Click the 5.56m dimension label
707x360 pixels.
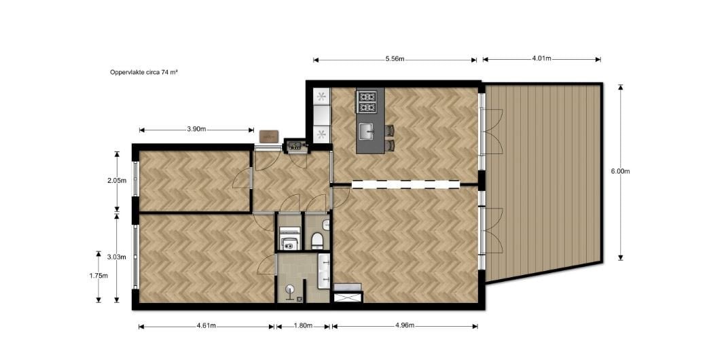click(395, 58)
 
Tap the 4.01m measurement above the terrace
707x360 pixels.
click(541, 58)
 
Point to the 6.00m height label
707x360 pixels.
click(621, 171)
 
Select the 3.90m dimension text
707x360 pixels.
click(196, 130)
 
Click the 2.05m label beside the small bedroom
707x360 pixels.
click(117, 181)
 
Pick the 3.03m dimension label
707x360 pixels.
click(116, 257)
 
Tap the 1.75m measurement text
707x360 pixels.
click(98, 276)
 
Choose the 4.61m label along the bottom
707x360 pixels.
click(206, 326)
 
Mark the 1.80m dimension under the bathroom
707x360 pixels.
click(303, 326)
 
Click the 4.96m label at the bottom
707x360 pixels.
click(405, 326)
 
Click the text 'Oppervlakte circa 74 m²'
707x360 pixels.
click(144, 72)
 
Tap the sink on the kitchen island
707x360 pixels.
click(367, 132)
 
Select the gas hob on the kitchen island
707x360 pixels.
click(367, 102)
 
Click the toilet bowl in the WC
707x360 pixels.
click(316, 240)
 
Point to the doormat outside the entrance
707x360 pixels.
click(269, 137)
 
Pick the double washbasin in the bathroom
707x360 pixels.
click(324, 270)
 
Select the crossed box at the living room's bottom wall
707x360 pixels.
click(348, 297)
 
